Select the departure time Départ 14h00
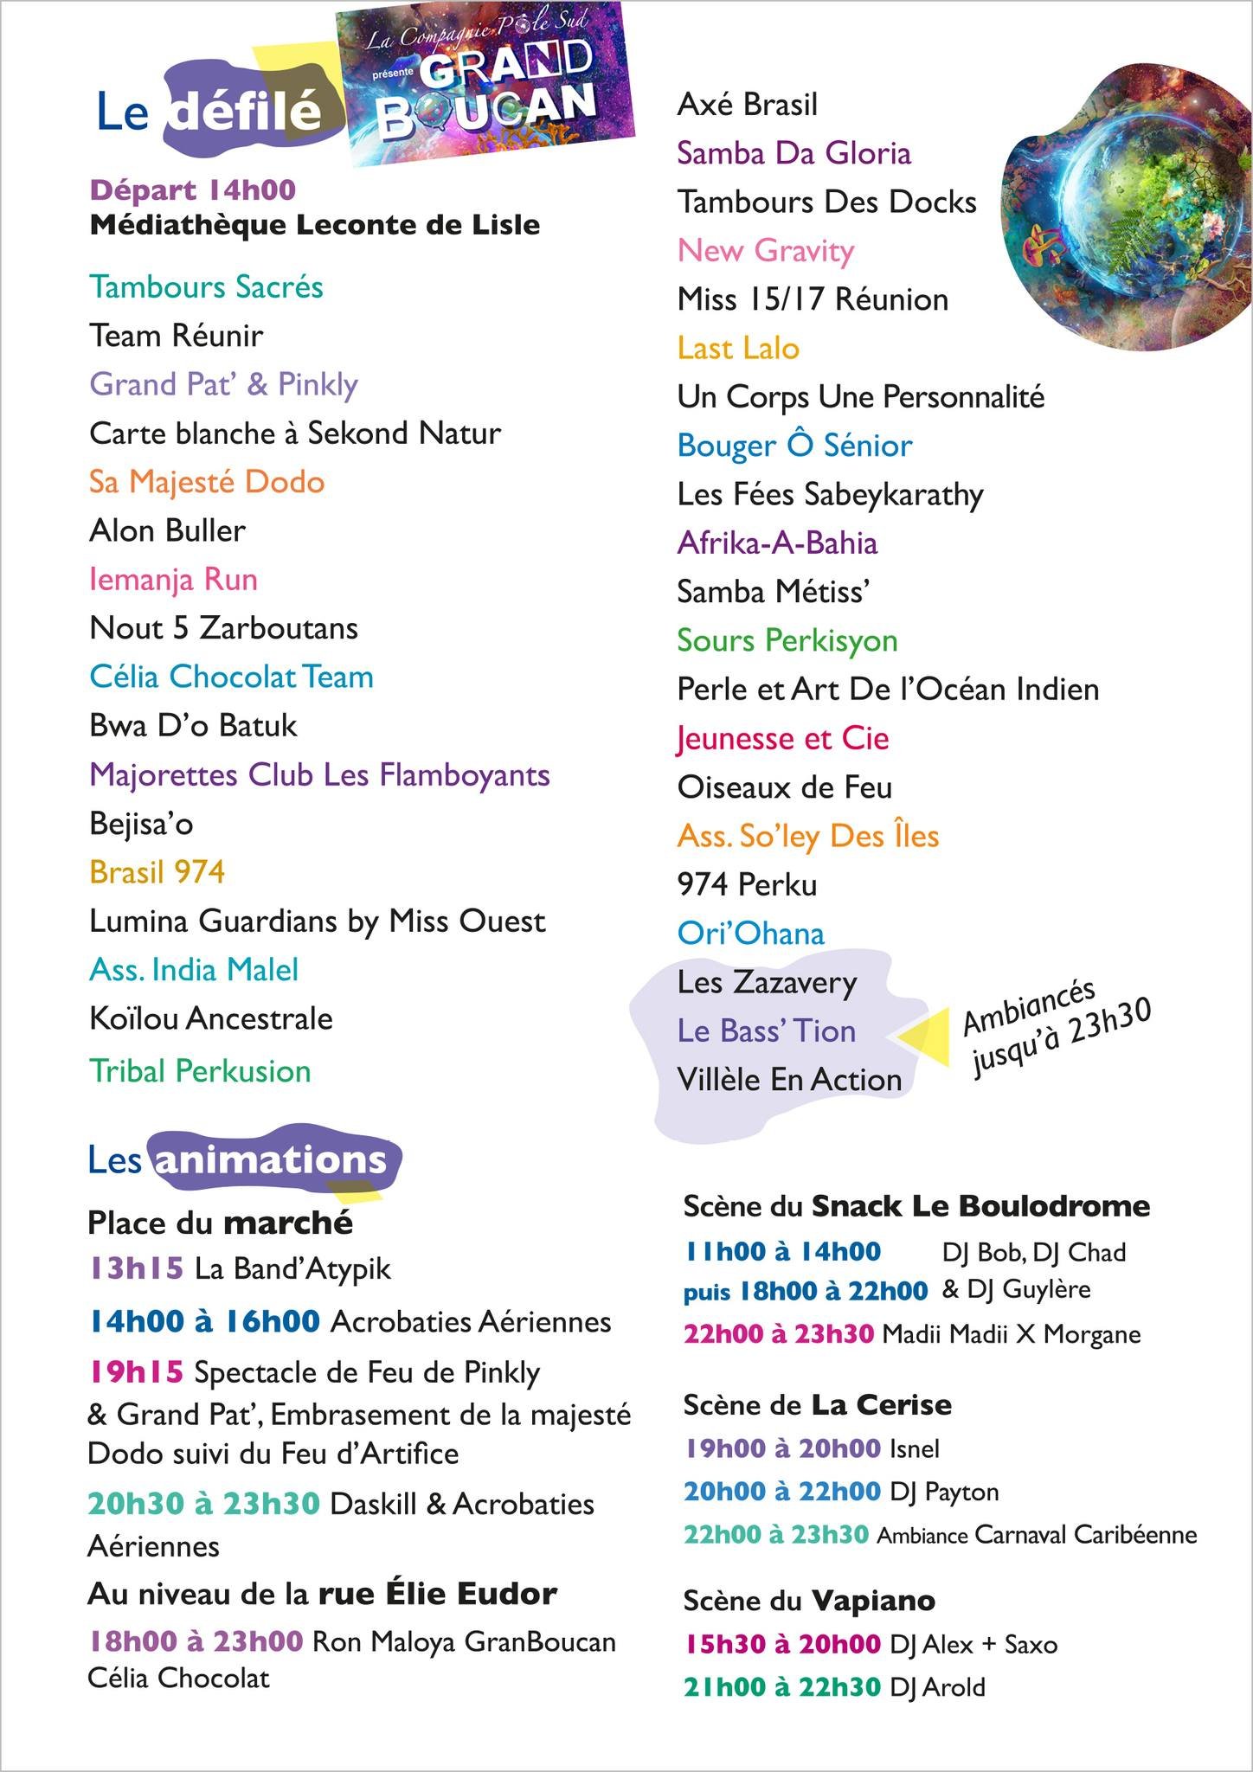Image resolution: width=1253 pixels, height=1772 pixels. point(193,189)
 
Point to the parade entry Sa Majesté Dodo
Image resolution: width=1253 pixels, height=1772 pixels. point(207,482)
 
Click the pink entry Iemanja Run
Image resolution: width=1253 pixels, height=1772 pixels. point(173,579)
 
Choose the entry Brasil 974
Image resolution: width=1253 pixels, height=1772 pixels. point(157,871)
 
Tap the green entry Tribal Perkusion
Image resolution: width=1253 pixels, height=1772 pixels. point(200,1071)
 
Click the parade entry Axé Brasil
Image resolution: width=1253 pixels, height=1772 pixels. point(747,105)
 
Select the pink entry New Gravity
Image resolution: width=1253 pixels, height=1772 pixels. point(766,250)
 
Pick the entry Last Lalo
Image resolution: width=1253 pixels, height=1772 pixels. point(738,348)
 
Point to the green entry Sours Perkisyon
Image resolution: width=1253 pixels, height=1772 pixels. point(787,640)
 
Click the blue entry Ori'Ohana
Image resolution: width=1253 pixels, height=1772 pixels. point(750,933)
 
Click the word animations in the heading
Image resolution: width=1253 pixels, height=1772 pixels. point(270,1160)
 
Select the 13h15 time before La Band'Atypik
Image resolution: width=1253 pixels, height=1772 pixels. point(136,1268)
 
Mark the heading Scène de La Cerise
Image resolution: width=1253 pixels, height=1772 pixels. point(817,1404)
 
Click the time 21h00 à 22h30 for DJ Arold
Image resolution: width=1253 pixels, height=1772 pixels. point(781,1687)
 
